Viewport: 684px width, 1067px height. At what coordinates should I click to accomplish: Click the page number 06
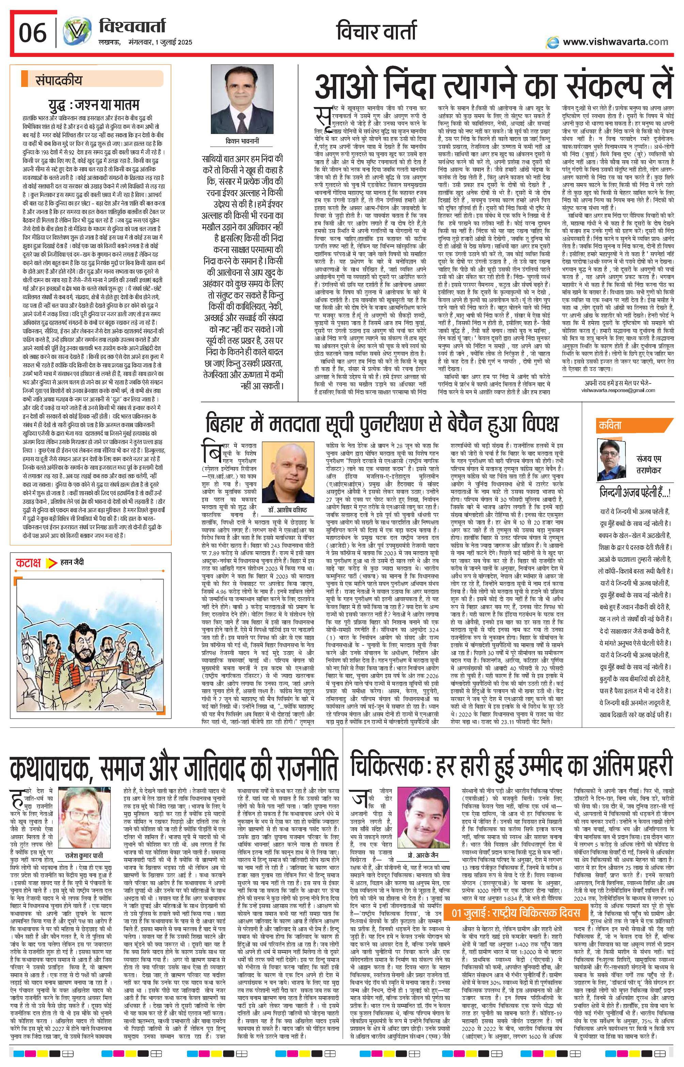pyautogui.click(x=32, y=32)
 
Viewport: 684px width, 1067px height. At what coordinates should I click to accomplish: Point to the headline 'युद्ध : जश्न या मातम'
pyautogui.click(x=94, y=105)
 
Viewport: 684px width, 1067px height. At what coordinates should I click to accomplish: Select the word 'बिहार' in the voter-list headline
pyautogui.click(x=230, y=423)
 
